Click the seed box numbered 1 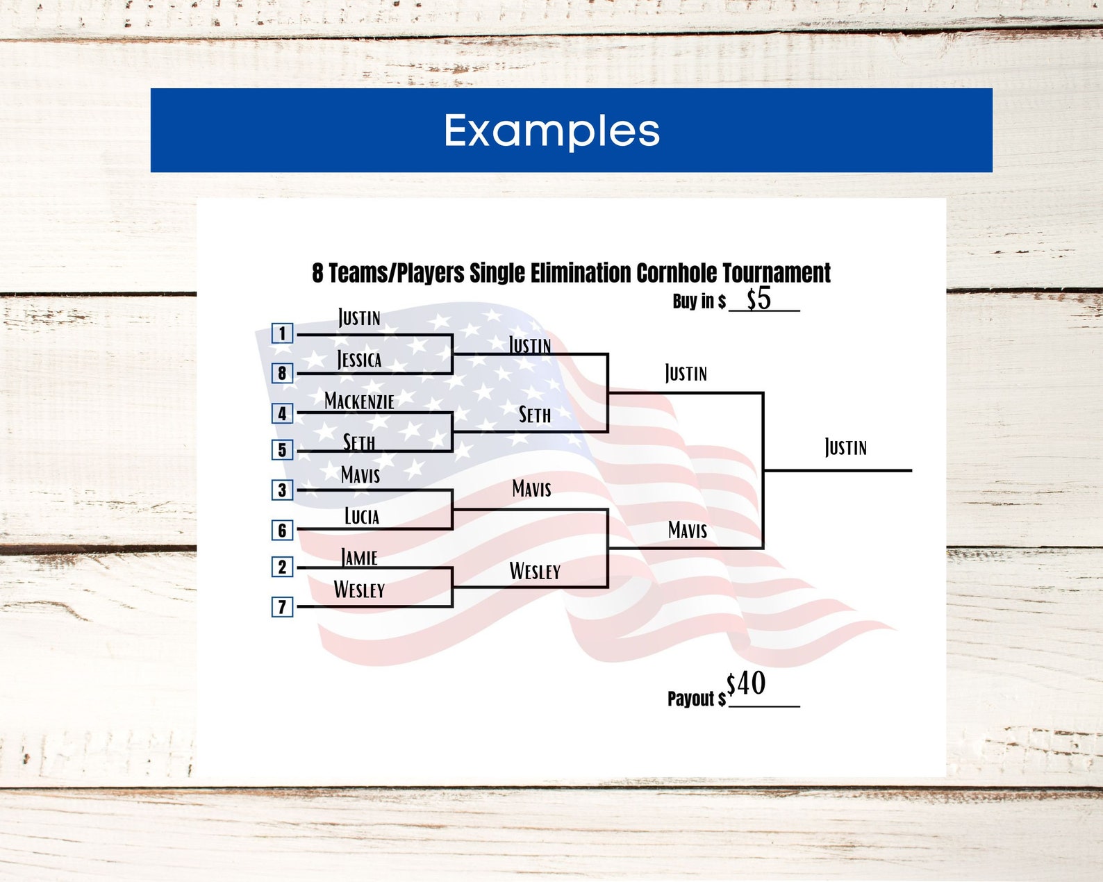pyautogui.click(x=282, y=333)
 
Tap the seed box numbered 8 pyautogui.click(x=282, y=373)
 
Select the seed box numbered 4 pyautogui.click(x=282, y=414)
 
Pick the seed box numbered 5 pyautogui.click(x=282, y=450)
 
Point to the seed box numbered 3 pyautogui.click(x=282, y=490)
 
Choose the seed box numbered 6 pyautogui.click(x=282, y=531)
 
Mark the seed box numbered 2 pyautogui.click(x=282, y=567)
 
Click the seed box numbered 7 pyautogui.click(x=282, y=607)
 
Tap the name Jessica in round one pyautogui.click(x=359, y=360)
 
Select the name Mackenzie pyautogui.click(x=359, y=401)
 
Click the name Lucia pyautogui.click(x=362, y=517)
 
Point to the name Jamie pyautogui.click(x=359, y=558)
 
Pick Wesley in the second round pyautogui.click(x=535, y=572)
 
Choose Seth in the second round pyautogui.click(x=535, y=415)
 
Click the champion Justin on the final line pyautogui.click(x=845, y=447)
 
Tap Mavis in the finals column pyautogui.click(x=688, y=531)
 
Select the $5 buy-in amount pyautogui.click(x=758, y=299)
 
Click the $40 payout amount pyautogui.click(x=746, y=684)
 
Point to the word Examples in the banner pyautogui.click(x=551, y=131)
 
